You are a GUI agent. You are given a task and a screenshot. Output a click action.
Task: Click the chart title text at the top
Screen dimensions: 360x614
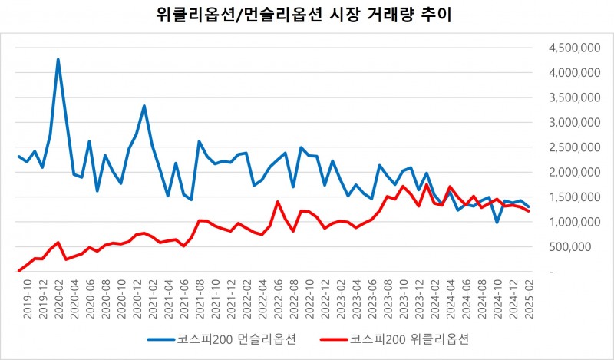click(307, 16)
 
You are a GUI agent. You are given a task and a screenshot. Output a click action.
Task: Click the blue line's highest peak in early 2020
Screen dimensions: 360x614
click(58, 59)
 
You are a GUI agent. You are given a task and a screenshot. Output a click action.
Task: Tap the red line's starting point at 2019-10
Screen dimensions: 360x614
click(18, 270)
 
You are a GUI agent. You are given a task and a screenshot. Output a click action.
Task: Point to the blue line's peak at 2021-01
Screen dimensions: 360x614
click(144, 106)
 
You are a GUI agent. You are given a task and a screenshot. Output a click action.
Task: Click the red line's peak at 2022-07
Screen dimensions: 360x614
click(277, 202)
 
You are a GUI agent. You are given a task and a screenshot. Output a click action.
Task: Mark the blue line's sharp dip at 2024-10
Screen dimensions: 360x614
click(497, 222)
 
